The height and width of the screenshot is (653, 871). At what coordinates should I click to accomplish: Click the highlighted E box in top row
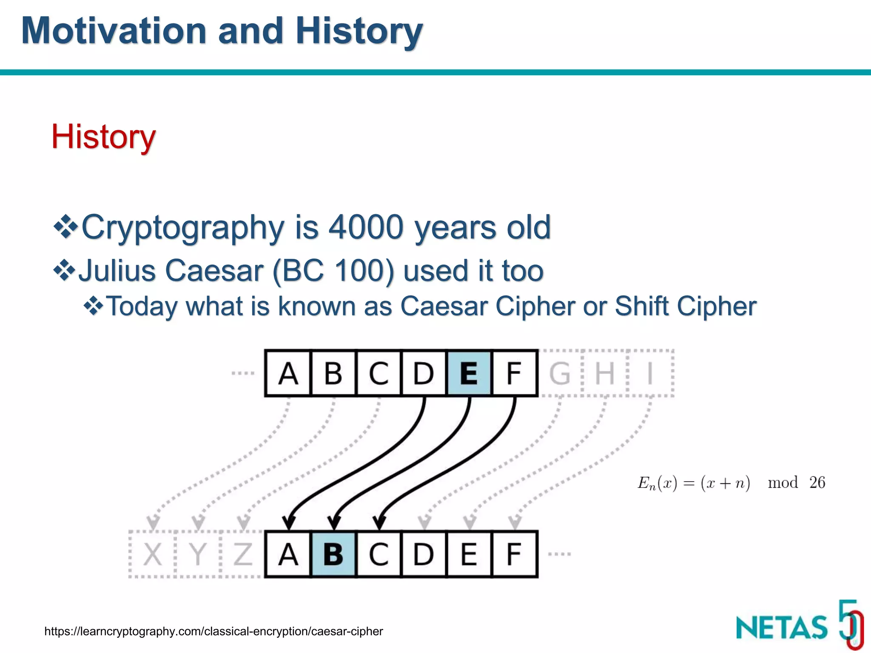click(x=469, y=373)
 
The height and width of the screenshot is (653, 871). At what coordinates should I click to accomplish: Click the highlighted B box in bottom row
click(x=333, y=554)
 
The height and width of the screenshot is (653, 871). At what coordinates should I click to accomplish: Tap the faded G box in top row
click(x=560, y=373)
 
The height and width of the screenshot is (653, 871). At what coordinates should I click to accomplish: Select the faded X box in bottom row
click(x=152, y=554)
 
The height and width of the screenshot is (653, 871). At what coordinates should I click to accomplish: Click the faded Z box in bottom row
click(x=243, y=554)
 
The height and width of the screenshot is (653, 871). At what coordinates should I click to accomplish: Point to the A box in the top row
click(x=288, y=373)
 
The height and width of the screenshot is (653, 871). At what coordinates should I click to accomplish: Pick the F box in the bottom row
click(x=514, y=554)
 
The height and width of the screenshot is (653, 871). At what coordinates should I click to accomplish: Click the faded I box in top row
click(x=650, y=373)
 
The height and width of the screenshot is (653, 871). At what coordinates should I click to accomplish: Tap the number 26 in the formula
click(x=817, y=483)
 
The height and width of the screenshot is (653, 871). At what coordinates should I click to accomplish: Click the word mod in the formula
click(x=783, y=483)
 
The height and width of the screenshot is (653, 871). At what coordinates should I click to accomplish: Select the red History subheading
click(x=103, y=137)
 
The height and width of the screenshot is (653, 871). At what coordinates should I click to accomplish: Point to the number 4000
click(x=366, y=227)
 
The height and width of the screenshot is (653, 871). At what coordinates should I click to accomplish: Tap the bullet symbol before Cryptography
click(x=65, y=227)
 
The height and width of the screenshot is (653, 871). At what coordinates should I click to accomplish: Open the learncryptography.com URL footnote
click(x=213, y=631)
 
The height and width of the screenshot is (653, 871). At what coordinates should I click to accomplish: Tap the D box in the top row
click(x=424, y=373)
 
